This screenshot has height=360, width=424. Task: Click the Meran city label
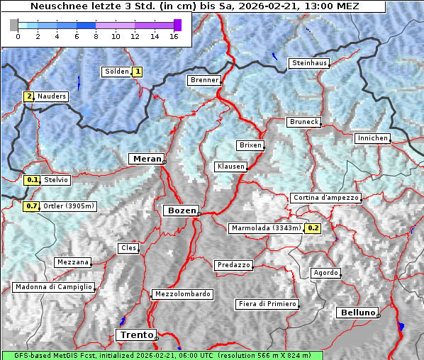[145, 159]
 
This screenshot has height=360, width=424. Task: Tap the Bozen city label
[180, 210]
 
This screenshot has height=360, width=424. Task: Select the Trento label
[135, 334]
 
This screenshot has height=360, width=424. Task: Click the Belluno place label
[357, 313]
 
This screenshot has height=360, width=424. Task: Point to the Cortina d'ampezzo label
[325, 198]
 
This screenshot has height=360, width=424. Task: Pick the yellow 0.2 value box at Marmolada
[313, 228]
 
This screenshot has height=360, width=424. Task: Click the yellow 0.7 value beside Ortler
[31, 206]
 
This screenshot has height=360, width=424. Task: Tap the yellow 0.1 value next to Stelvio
[31, 180]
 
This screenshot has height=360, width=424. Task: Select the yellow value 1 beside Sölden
[138, 72]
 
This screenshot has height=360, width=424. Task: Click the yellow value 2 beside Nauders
[29, 96]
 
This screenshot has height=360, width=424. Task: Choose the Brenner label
[204, 80]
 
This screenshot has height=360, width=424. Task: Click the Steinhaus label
[309, 63]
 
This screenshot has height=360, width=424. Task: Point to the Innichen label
[372, 138]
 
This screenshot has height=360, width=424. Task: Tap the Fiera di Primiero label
[267, 304]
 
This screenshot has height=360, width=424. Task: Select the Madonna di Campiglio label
[53, 287]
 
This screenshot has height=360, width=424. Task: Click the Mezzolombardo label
[181, 294]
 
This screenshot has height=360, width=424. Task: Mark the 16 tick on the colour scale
[174, 36]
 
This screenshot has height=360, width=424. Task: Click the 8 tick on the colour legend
[96, 36]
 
